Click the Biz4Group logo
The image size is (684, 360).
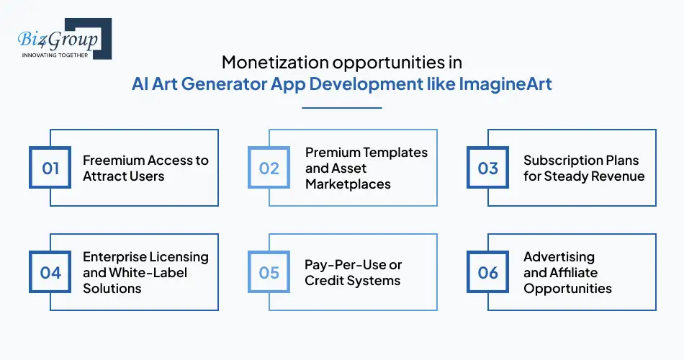point(61,39)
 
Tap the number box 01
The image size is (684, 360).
point(50,168)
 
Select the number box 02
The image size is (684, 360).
point(269,168)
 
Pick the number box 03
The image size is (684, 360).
point(488,168)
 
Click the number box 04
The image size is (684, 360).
point(50,272)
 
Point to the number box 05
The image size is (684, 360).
point(269,272)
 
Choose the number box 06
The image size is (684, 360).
point(488,272)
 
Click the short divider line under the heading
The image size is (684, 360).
point(341,108)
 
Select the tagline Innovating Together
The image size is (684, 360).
point(55,54)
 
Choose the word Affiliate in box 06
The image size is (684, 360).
point(573,273)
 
